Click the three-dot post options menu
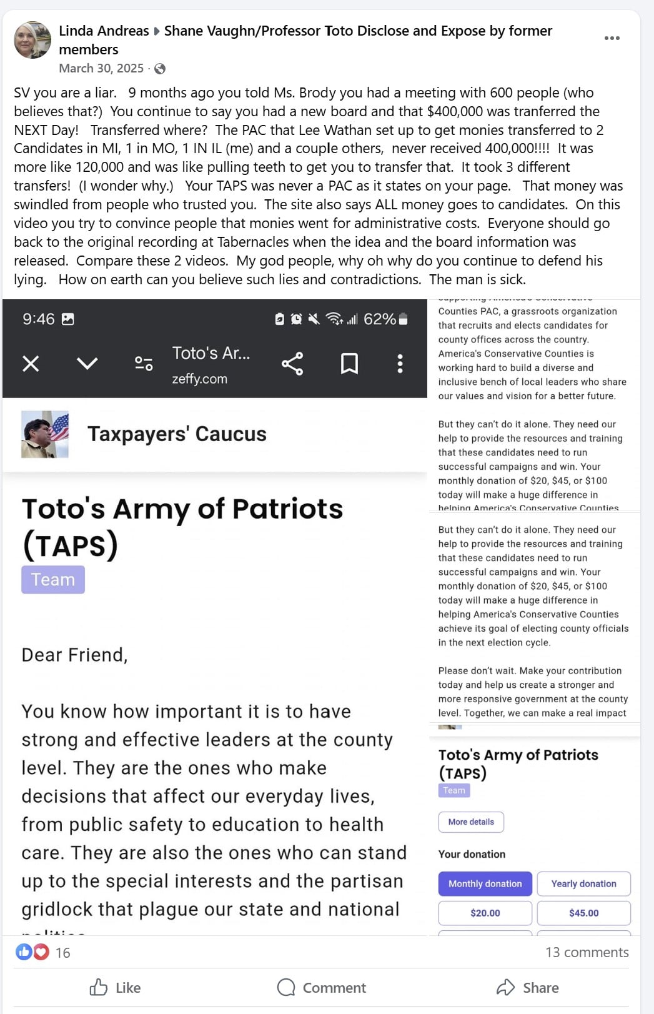click(x=612, y=38)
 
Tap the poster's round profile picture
click(x=32, y=40)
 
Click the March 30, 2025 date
click(x=101, y=68)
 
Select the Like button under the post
click(x=115, y=987)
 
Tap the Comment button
click(x=322, y=987)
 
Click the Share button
click(x=528, y=987)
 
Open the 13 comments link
click(x=587, y=952)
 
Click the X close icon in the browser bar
click(x=31, y=364)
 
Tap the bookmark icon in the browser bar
click(x=349, y=364)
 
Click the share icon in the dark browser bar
click(x=292, y=364)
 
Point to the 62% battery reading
click(x=380, y=319)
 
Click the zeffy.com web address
click(x=200, y=379)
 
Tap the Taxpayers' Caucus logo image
click(x=45, y=434)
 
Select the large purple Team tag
click(x=53, y=580)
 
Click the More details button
click(x=471, y=822)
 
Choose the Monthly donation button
click(x=485, y=883)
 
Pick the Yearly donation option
click(x=583, y=883)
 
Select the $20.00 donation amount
click(x=485, y=913)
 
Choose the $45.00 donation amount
click(x=583, y=913)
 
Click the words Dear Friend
click(x=74, y=655)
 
